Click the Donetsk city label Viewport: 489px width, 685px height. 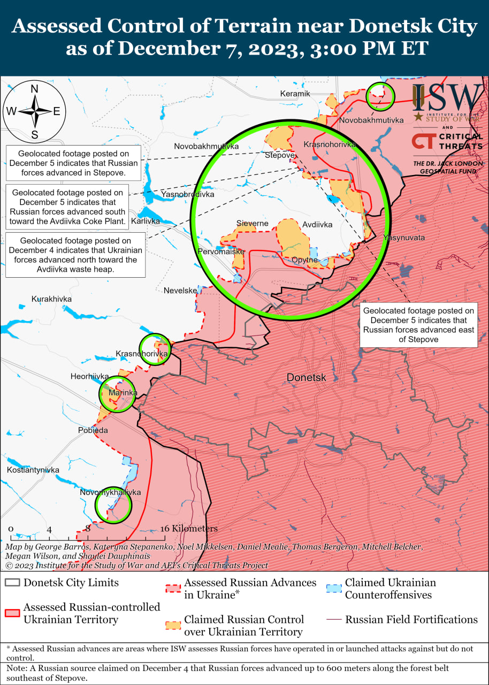tap(306, 377)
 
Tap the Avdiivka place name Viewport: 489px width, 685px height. tap(317, 224)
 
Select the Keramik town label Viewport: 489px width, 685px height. tap(295, 94)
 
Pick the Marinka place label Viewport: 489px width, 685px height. tap(123, 393)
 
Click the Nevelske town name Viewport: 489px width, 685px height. tap(180, 290)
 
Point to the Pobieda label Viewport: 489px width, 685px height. tap(93, 430)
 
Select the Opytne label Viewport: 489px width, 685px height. tap(305, 260)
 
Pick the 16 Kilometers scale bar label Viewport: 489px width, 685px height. tap(189, 528)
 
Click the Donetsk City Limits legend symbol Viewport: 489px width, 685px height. tap(12, 582)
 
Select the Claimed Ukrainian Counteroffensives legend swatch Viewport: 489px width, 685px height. tap(333, 589)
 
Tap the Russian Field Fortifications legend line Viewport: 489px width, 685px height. tap(333, 620)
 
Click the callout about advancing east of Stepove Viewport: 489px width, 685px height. tap(418, 324)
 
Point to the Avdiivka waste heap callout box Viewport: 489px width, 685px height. tap(75, 255)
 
